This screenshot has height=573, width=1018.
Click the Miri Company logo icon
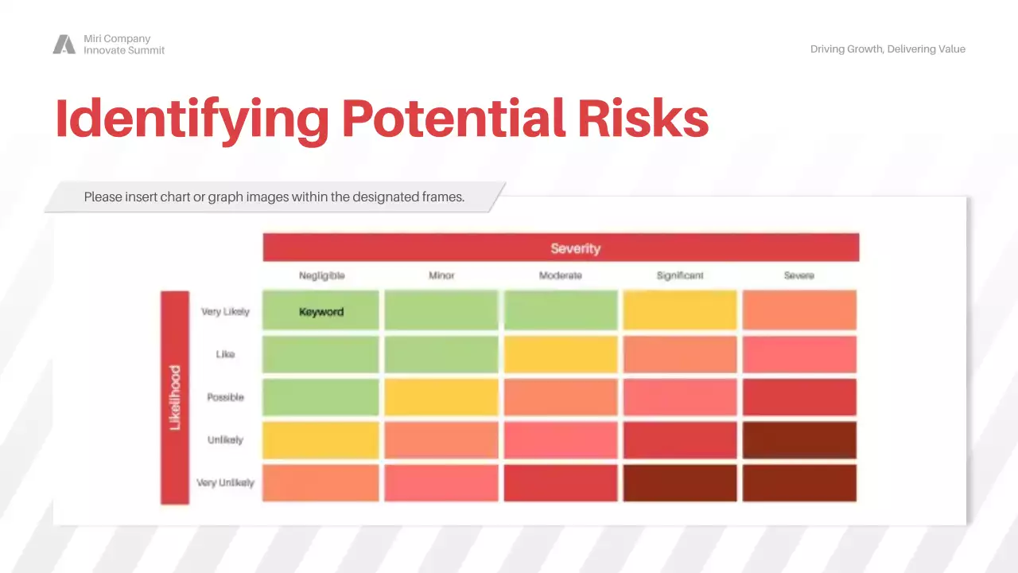coord(64,45)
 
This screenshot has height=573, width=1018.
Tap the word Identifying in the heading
coord(192,119)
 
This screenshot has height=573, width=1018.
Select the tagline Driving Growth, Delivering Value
coord(888,49)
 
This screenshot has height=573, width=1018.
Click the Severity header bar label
coord(575,248)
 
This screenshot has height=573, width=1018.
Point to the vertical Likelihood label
coord(175,397)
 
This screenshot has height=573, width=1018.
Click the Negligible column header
coord(321,275)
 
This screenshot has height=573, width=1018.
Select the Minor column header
coord(441,275)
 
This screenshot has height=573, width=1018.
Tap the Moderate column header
coord(561,275)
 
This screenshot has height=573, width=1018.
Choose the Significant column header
coord(680,275)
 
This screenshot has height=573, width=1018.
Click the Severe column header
coord(798,275)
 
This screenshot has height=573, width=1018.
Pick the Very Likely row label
coord(225,312)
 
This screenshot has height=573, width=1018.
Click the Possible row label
coord(225,397)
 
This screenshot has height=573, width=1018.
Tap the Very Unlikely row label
coord(225,483)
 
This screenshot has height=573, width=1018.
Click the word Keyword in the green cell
coord(321,312)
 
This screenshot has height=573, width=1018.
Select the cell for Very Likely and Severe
coord(799,310)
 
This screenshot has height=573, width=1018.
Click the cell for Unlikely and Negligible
coord(321,440)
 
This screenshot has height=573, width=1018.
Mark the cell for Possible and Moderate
coord(561,397)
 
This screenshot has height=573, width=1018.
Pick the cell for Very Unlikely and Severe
coord(799,483)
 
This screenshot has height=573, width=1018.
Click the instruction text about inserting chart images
coord(274,197)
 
